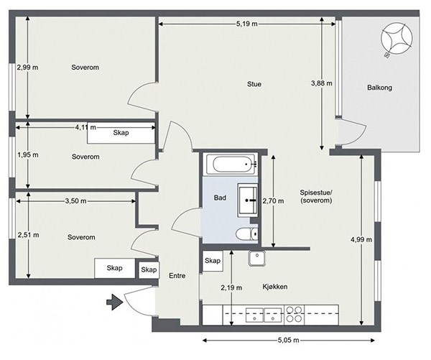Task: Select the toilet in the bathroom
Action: [x=247, y=234]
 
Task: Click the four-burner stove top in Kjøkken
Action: [x=294, y=314]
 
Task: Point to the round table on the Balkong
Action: [x=397, y=39]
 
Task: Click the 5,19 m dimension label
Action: [x=247, y=24]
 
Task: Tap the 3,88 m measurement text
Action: [x=322, y=83]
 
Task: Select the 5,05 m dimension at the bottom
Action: [x=288, y=340]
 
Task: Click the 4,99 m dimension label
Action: [x=361, y=239]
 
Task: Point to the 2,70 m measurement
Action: [x=273, y=201]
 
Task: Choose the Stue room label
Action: [x=254, y=84]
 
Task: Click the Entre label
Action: [x=177, y=276]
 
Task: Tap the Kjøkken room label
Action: [x=275, y=287]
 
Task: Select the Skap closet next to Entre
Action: [x=149, y=269]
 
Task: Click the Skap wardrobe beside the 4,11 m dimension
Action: [x=121, y=133]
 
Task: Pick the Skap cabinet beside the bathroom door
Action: [x=213, y=261]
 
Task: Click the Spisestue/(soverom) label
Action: [x=316, y=196]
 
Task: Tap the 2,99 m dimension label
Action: [x=27, y=67]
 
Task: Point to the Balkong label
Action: [x=379, y=88]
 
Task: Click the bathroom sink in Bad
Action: [x=248, y=200]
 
